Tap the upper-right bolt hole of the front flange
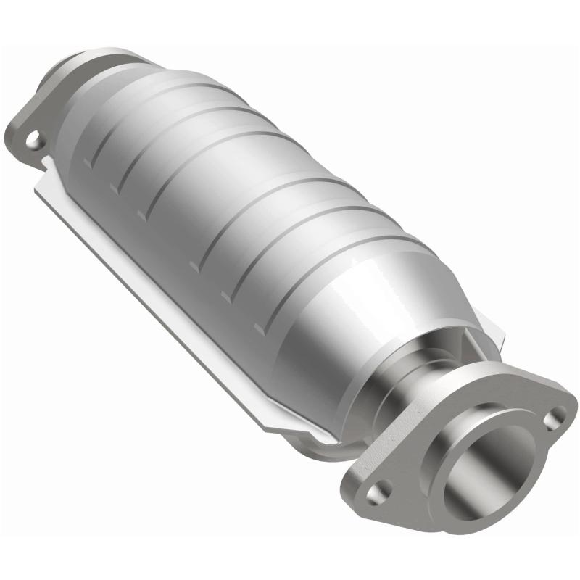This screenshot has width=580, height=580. pos(555,417)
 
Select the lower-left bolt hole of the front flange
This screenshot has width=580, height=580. pos(378,493)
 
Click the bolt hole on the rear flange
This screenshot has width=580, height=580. pos(33,139)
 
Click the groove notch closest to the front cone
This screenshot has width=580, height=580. pos(226,297)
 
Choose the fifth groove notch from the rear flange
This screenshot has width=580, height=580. pos(226,297)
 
